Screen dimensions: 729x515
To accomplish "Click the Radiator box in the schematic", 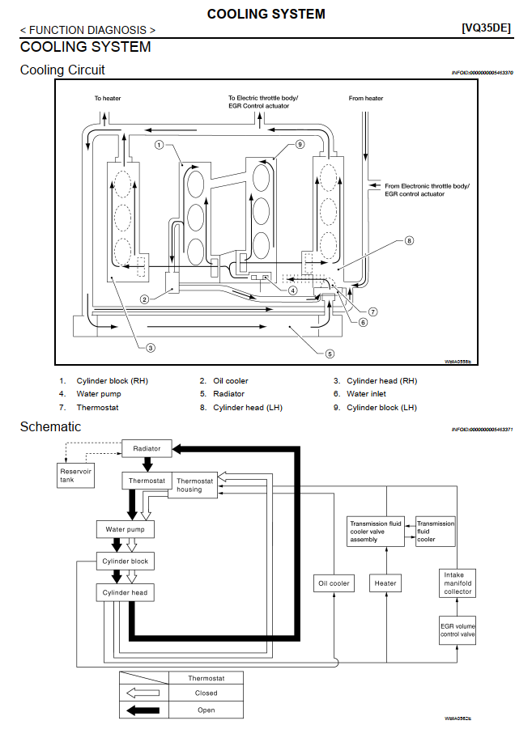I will point(147,448).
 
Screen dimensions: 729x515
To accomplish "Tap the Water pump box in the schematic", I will point(125,530).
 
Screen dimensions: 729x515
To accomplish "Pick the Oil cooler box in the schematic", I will point(333,583).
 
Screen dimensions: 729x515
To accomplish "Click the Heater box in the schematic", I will point(385,583).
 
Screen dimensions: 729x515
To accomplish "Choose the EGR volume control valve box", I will point(458,629).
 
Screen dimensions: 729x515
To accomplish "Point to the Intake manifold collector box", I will point(458,583).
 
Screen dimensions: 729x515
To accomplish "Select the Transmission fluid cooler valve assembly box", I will point(376,532).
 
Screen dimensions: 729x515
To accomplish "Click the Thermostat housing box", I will point(194,485).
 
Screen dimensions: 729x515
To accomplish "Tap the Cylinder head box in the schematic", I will point(125,593).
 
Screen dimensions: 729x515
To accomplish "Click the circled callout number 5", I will point(330,354).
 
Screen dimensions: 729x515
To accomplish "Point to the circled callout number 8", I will point(410,240).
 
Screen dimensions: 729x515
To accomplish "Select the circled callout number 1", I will point(160,145).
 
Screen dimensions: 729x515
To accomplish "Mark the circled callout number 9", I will point(299,145).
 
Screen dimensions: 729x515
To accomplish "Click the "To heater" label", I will point(107,99).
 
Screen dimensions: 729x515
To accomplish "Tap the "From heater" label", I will point(366,99).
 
